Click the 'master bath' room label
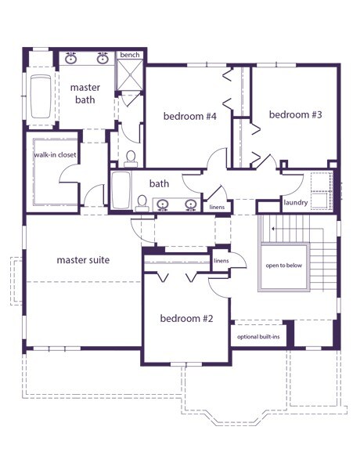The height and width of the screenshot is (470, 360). (x=85, y=93)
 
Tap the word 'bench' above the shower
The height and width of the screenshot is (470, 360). (x=130, y=55)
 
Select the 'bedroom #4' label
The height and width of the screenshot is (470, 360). (x=190, y=116)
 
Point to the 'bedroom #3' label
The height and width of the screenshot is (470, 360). (x=295, y=114)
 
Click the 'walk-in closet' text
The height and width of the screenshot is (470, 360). (x=55, y=155)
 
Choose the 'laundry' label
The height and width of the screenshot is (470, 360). (x=296, y=203)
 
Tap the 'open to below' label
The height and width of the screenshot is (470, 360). (x=284, y=266)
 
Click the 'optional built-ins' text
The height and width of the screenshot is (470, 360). (x=258, y=337)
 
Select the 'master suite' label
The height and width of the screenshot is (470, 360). (x=83, y=260)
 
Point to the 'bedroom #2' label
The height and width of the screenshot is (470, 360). (x=186, y=318)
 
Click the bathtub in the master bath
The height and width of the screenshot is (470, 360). (x=41, y=97)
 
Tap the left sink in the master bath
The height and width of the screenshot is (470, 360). (x=71, y=59)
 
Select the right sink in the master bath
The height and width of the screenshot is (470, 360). (x=103, y=59)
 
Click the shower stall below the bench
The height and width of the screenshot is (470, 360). (x=130, y=74)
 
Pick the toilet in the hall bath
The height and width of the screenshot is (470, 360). (x=142, y=204)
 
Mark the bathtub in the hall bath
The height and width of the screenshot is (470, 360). (x=121, y=190)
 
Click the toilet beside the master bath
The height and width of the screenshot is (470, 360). (x=131, y=159)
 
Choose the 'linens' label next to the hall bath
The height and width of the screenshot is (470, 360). (x=217, y=207)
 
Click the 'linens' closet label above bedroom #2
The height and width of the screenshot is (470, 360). (x=221, y=261)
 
